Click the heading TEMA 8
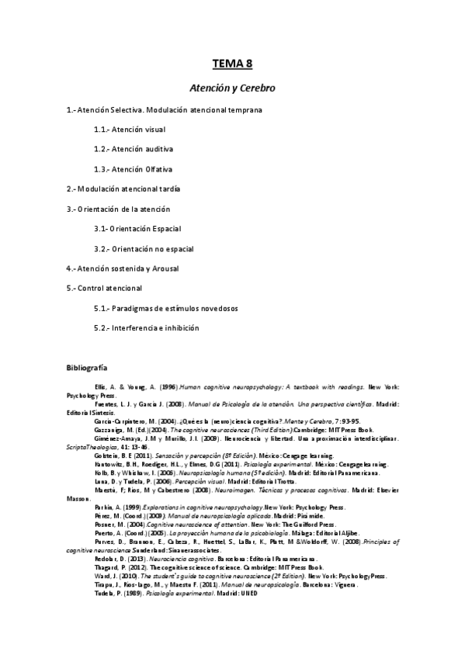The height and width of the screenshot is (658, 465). [x=232, y=64]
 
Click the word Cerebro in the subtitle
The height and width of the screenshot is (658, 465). [x=257, y=88]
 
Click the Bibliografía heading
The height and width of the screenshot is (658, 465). [x=87, y=366]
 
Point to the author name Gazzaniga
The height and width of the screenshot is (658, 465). [x=108, y=429]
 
